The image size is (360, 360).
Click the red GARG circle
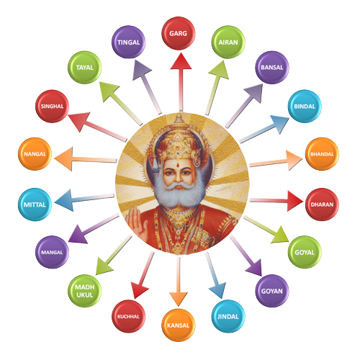[x=179, y=33]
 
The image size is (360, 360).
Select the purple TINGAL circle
[x=129, y=42]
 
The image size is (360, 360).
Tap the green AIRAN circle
[x=228, y=42]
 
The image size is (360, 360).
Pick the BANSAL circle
[x=272, y=67]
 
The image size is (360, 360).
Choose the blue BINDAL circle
[x=305, y=107]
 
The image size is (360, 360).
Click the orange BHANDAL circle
[x=322, y=154]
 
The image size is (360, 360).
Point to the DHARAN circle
[x=322, y=204]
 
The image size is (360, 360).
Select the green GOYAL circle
[x=305, y=252]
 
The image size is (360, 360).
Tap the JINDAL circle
[x=228, y=316]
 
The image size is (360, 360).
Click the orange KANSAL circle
[x=179, y=325]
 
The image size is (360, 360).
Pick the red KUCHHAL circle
[x=129, y=316]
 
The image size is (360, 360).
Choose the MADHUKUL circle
[x=85, y=291]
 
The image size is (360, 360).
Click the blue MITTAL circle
[x=35, y=204]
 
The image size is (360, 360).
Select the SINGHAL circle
[x=52, y=107]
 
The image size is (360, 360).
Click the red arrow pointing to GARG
[x=181, y=82]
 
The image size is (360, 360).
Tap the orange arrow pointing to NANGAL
[x=86, y=159]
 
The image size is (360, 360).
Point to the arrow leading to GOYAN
[x=246, y=256]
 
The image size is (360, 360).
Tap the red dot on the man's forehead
[x=179, y=165]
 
